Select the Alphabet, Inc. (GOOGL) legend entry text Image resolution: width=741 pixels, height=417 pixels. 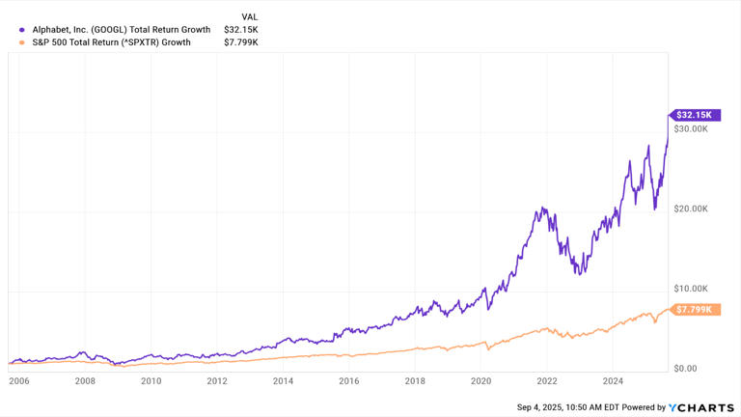pyautogui.click(x=121, y=30)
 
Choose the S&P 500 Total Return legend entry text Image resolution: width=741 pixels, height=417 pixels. pyautogui.click(x=111, y=42)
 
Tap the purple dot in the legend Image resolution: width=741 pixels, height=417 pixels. pyautogui.click(x=22, y=30)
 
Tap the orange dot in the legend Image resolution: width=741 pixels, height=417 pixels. pyautogui.click(x=22, y=42)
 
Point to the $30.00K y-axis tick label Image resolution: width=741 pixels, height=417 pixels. pyautogui.click(x=692, y=128)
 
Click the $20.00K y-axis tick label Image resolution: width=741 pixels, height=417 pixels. pyautogui.click(x=692, y=208)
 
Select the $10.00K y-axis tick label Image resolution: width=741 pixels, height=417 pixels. pyautogui.click(x=692, y=289)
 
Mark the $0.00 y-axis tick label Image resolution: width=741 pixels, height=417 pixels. pyautogui.click(x=687, y=369)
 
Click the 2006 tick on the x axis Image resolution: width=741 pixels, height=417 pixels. pyautogui.click(x=19, y=381)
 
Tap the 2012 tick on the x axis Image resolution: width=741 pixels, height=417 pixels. pyautogui.click(x=217, y=381)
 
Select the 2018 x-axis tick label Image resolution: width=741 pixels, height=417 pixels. pyautogui.click(x=415, y=381)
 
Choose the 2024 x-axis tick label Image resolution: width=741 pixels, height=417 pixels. pyautogui.click(x=613, y=381)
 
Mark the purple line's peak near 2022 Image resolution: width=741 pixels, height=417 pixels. pyautogui.click(x=543, y=208)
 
